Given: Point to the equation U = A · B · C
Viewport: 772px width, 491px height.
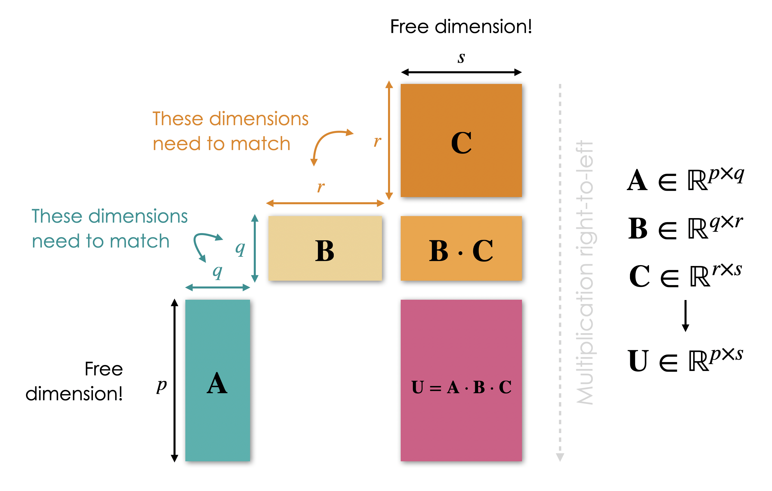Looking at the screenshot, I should (x=461, y=387).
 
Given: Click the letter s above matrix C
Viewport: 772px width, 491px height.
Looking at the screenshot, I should (x=461, y=58).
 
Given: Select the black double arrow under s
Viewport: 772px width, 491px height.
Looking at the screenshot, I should (x=461, y=72).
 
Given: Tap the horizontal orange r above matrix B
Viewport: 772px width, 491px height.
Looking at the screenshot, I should (x=320, y=186).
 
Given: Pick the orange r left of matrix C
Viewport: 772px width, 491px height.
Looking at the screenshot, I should (x=377, y=141).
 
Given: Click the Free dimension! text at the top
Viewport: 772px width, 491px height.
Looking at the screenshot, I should (x=461, y=26).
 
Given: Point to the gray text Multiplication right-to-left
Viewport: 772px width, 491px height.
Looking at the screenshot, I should (x=584, y=272).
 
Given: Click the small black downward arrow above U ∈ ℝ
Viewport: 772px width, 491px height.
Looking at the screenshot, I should (x=685, y=316).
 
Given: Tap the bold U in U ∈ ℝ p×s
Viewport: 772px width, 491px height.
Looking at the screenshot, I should (x=638, y=361).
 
